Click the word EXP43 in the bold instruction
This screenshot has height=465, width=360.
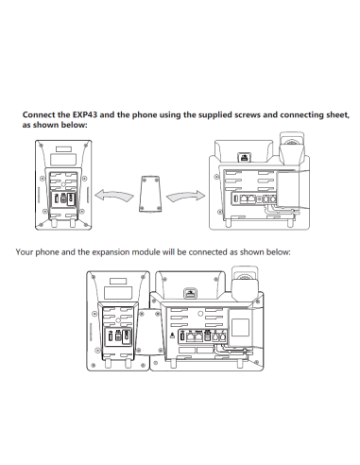tap(85, 114)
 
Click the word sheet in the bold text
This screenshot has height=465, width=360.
tap(338, 115)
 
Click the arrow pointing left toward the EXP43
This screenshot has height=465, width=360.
tap(113, 196)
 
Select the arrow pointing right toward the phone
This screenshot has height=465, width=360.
tap(185, 196)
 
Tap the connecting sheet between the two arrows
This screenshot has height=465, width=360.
tap(149, 194)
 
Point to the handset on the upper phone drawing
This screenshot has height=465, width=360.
tap(292, 148)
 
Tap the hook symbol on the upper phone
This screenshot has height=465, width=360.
tap(244, 157)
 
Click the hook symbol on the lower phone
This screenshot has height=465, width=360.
tap(190, 293)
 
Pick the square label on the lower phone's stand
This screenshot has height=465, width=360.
tap(240, 327)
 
